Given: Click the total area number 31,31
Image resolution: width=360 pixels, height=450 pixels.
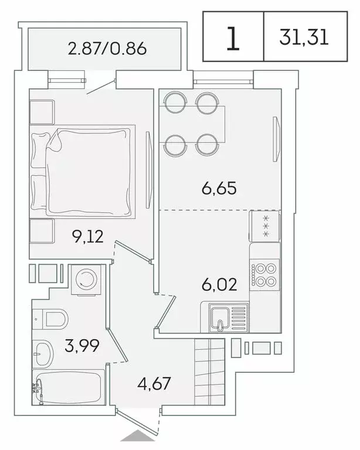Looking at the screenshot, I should coord(304,37).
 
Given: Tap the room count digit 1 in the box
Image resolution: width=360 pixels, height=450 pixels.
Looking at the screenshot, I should coord(233,37).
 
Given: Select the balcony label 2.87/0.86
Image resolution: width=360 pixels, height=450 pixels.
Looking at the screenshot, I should coord(107,49).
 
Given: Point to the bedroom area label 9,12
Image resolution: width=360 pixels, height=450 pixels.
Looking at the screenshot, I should coord(72,236).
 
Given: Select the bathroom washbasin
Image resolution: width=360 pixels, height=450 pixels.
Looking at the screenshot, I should coord(43,353).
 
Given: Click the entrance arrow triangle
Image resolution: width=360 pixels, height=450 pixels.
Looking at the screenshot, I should coord(138,437).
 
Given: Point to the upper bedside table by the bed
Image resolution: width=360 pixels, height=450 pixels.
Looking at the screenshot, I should coord(42,112).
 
